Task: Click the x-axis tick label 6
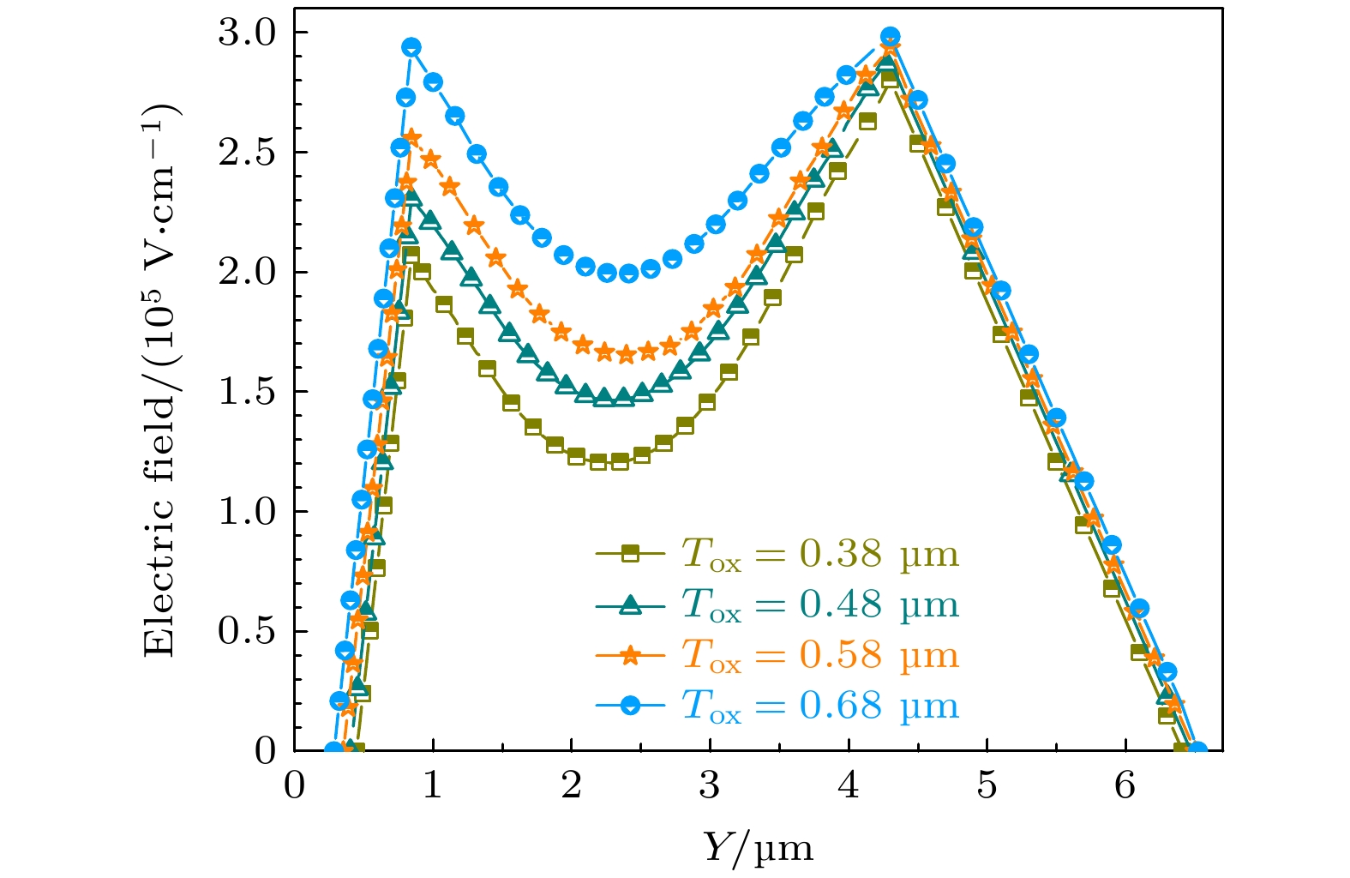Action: click(1125, 785)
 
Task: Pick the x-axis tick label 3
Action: click(710, 785)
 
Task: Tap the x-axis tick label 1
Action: click(433, 785)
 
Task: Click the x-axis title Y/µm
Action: click(757, 847)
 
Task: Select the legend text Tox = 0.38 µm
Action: click(819, 554)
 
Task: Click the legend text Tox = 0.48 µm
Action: click(819, 604)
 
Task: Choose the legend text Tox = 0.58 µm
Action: click(819, 655)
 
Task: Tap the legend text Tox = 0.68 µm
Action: click(819, 706)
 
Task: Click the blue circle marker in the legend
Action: click(630, 706)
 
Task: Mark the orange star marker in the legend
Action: click(630, 655)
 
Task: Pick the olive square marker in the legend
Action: click(630, 554)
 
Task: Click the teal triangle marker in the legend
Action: click(630, 604)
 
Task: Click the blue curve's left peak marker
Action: click(411, 47)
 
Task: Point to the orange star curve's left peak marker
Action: click(412, 137)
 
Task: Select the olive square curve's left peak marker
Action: click(411, 255)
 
